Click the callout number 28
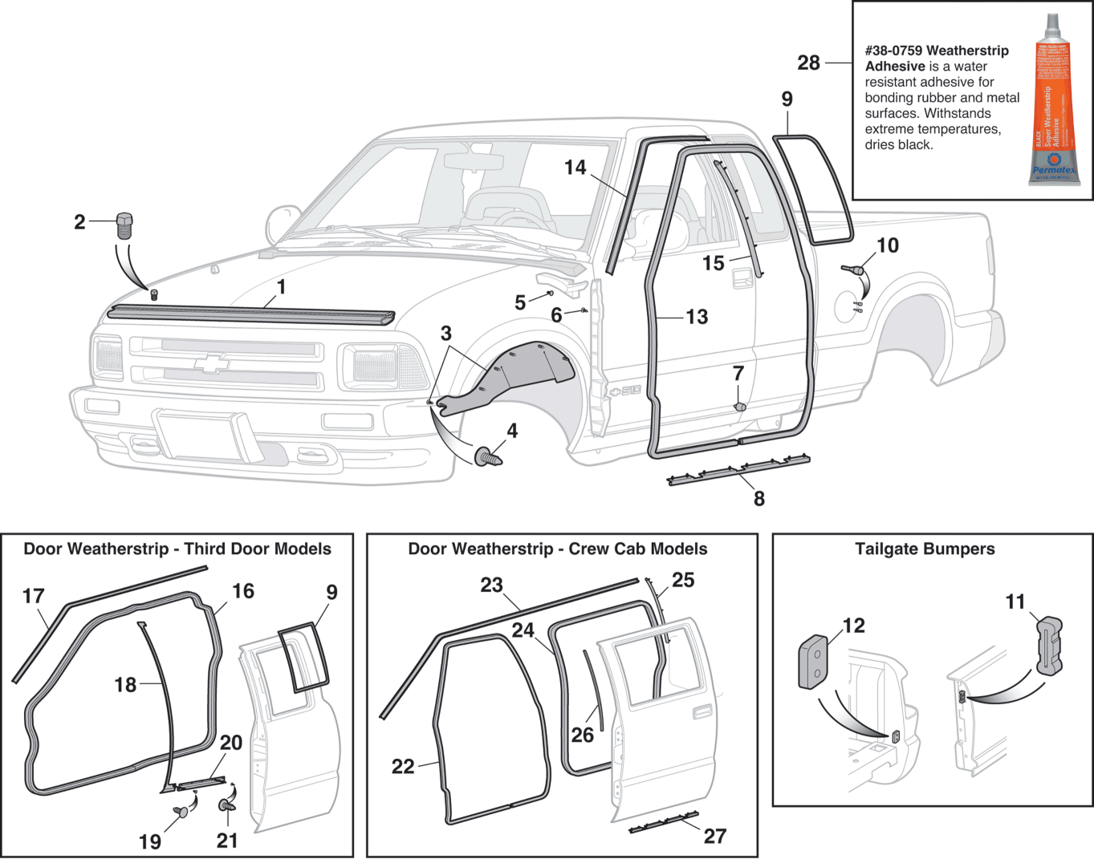pos(808,63)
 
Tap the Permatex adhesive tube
pos(1053,100)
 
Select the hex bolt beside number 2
pos(124,225)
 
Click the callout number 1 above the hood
pos(281,286)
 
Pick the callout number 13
pos(697,317)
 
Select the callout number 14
pos(575,167)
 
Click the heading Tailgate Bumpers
pos(925,549)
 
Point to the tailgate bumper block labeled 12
pos(813,662)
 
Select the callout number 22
pos(403,767)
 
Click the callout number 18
pos(125,684)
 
